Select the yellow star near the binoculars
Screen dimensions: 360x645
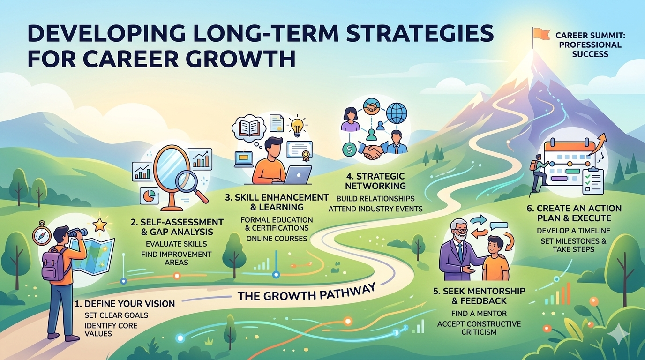click(99, 225)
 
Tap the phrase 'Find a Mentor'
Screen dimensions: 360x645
click(479, 313)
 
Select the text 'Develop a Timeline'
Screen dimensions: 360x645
click(573, 230)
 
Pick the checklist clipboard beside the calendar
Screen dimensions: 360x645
click(591, 180)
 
